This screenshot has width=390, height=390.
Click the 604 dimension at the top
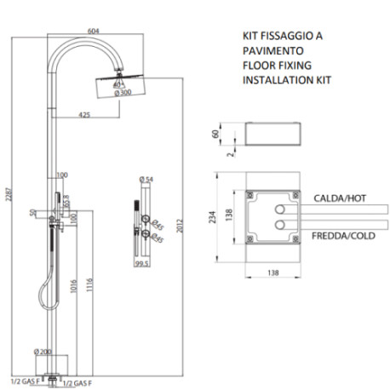pyautogui.click(x=94, y=31)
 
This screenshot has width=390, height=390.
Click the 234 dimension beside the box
pyautogui.click(x=204, y=217)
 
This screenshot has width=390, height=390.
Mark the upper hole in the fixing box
pyautogui.click(x=278, y=207)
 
